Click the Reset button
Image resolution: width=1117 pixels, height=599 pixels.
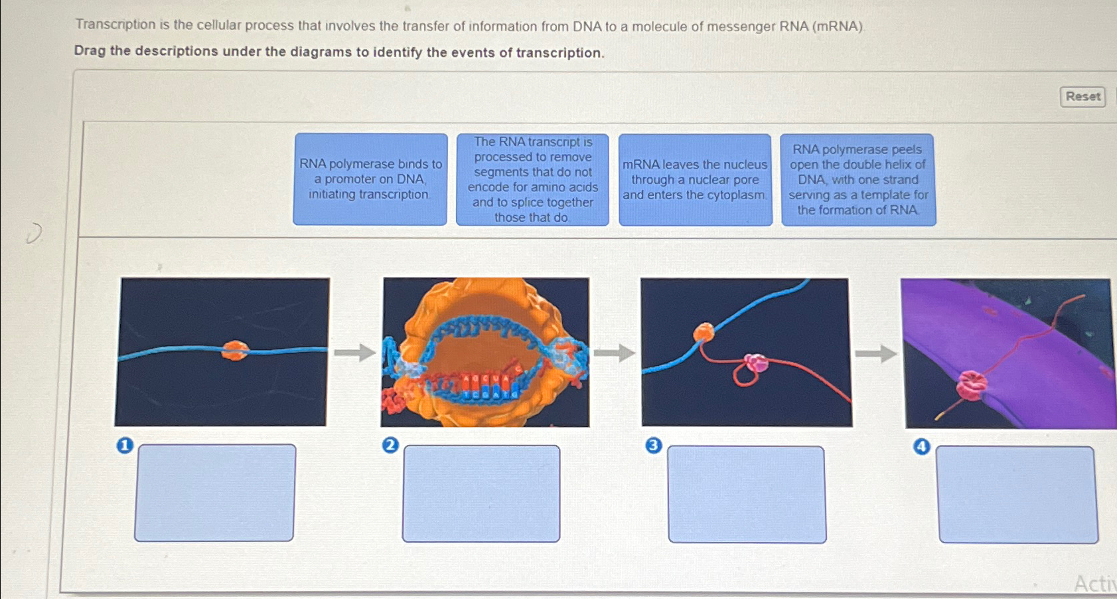click(1082, 96)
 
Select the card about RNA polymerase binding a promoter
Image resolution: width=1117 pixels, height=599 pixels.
click(370, 179)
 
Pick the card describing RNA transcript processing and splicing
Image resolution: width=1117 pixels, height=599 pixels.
click(532, 179)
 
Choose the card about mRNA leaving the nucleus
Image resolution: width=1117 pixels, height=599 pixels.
click(695, 179)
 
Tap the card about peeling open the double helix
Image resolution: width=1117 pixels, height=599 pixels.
click(858, 179)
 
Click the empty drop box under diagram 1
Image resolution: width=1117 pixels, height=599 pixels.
click(215, 493)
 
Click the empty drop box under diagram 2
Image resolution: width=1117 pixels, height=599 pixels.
click(481, 493)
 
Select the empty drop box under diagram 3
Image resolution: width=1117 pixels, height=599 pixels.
click(747, 494)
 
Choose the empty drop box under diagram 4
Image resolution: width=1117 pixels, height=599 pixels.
click(1017, 495)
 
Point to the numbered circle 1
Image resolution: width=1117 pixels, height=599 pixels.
click(125, 446)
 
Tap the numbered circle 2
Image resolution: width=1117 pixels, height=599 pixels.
click(390, 445)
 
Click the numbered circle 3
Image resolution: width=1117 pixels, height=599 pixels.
click(654, 446)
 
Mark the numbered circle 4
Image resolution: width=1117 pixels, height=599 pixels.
click(921, 446)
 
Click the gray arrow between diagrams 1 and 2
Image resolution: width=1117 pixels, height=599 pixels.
click(354, 352)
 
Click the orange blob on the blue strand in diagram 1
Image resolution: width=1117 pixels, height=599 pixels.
click(234, 350)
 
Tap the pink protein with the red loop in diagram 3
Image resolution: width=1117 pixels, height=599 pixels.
click(756, 363)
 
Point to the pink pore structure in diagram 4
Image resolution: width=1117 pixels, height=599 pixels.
click(971, 385)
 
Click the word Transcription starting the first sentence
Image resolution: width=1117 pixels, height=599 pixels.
click(115, 25)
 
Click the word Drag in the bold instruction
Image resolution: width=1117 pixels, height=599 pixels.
click(90, 51)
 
